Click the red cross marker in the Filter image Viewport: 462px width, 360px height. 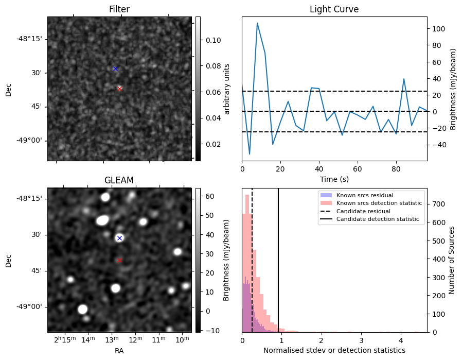click(x=119, y=89)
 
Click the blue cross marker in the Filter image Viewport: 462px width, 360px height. click(x=115, y=68)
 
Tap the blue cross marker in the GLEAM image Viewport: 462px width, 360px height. click(x=119, y=238)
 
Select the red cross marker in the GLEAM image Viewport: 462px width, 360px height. click(x=119, y=260)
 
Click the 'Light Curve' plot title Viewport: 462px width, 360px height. click(x=334, y=9)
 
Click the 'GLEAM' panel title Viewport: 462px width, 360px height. click(x=119, y=180)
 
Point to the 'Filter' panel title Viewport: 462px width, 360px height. click(x=119, y=9)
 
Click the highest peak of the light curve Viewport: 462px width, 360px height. click(x=257, y=23)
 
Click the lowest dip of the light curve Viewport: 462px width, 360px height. click(x=250, y=154)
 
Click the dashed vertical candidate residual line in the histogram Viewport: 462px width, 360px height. click(x=252, y=268)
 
